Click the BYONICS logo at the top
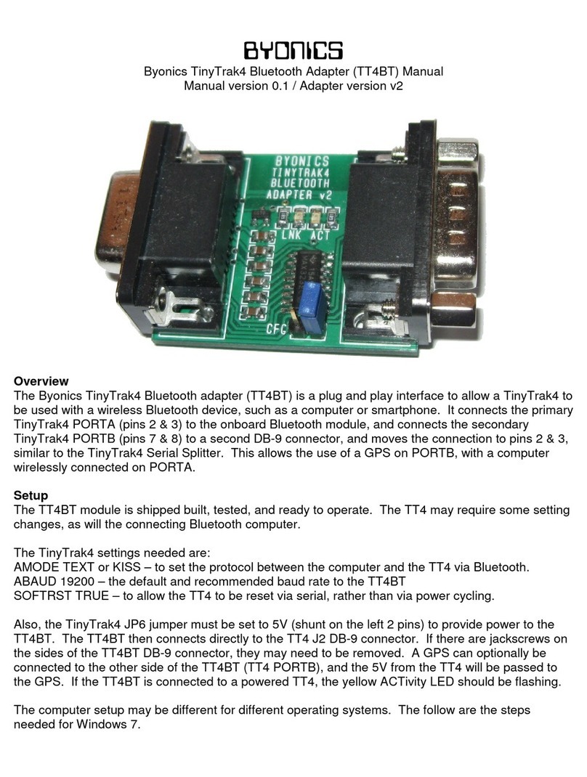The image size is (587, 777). (293, 50)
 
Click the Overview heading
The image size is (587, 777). (41, 381)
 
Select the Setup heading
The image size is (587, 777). (31, 495)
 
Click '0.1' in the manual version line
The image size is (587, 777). (274, 86)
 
